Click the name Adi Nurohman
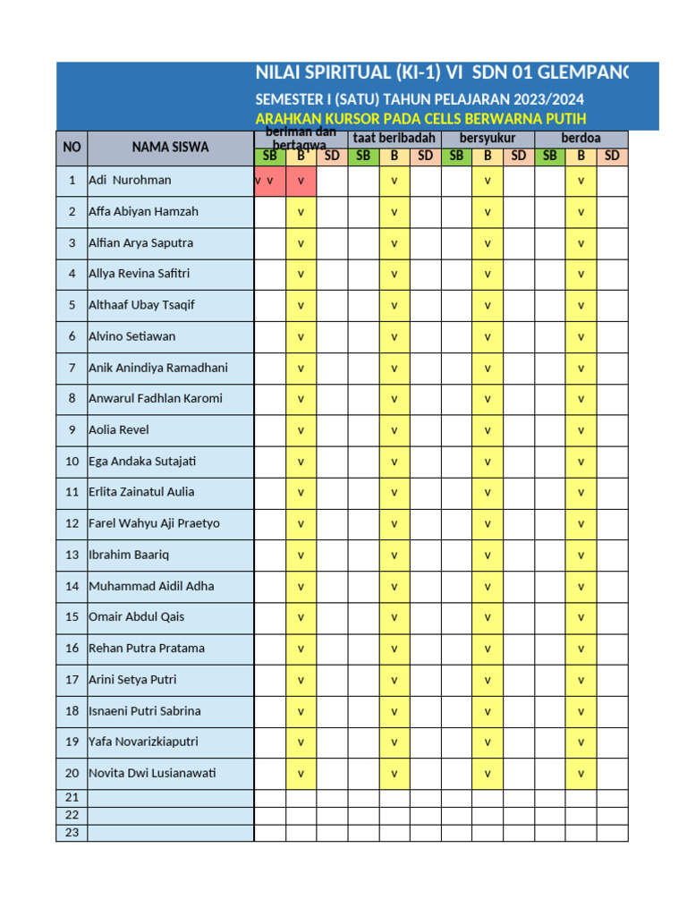coord(130,181)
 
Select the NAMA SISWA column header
coord(170,148)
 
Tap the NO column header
coord(72,148)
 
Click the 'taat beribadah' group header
coord(394,139)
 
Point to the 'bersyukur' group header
coord(488,139)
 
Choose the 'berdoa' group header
coord(581,139)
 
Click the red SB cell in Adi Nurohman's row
coord(269,181)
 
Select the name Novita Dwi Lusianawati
coord(152,773)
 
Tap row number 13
coord(72,555)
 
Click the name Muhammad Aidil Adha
coord(151,586)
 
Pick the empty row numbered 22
coord(72,815)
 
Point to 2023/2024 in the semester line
coord(555,99)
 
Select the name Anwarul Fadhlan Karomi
coord(156,398)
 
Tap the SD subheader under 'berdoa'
coord(612,156)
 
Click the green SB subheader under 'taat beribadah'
coord(363,156)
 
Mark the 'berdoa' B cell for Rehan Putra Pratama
coord(581,649)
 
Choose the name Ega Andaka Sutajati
coord(142,462)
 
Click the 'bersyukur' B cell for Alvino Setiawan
coord(488,336)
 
